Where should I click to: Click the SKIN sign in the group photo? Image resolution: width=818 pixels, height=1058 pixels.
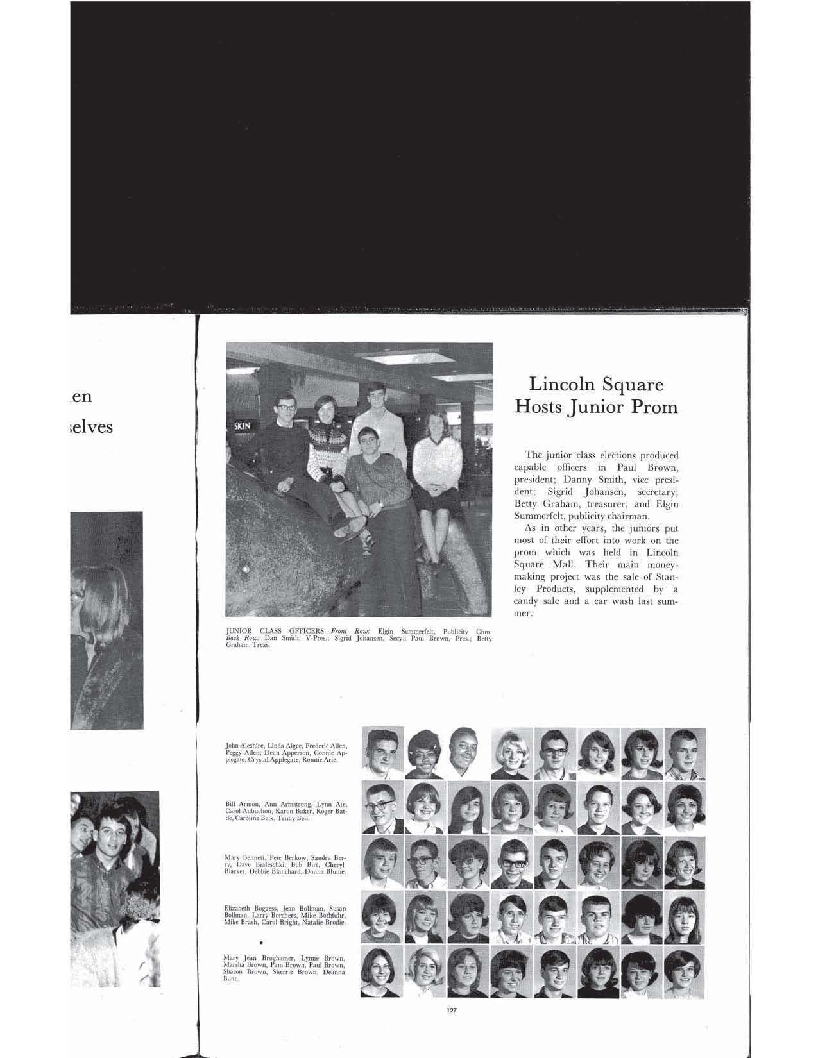tap(242, 425)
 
